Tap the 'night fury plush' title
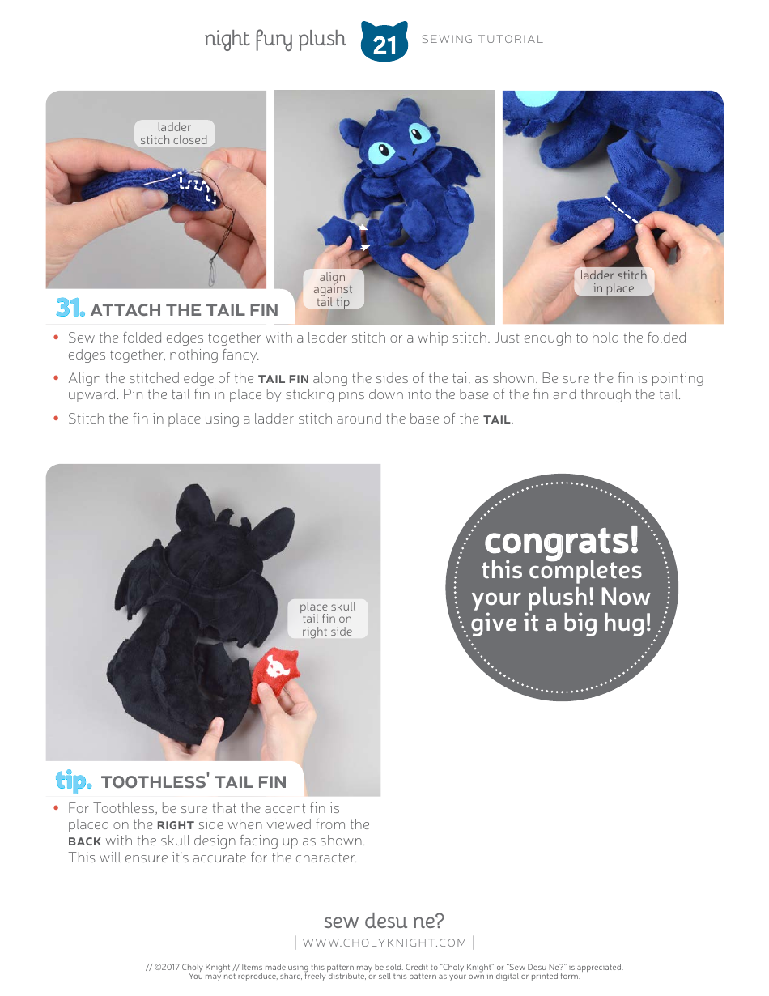click(275, 39)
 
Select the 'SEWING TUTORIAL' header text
click(482, 39)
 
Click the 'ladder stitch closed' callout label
click(174, 134)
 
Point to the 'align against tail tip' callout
click(333, 289)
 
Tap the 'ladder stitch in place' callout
click(614, 282)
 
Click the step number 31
click(70, 308)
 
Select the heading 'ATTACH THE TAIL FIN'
click(184, 309)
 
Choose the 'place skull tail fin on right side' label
click(327, 619)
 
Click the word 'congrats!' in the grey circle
click(561, 540)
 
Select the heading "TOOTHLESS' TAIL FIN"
click(193, 781)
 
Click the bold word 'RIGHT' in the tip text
click(176, 825)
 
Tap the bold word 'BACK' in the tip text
click(84, 841)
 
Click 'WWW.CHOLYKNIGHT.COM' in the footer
click(384, 943)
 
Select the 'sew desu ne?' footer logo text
click(384, 921)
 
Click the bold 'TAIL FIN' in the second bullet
click(283, 379)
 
